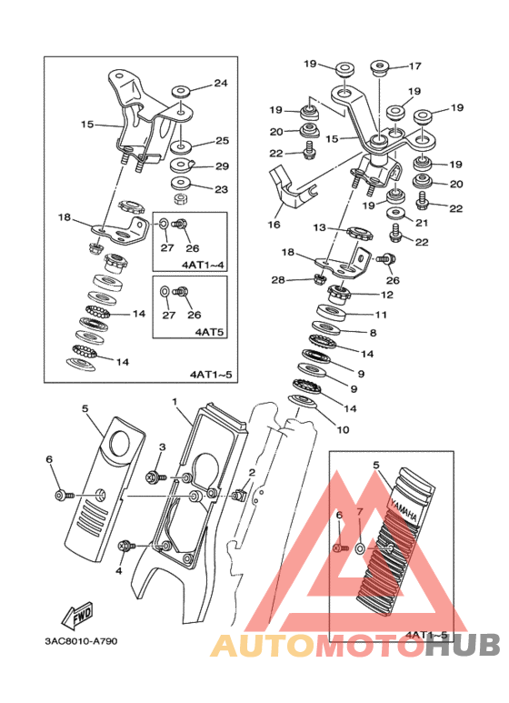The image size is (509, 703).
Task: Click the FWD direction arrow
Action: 78,614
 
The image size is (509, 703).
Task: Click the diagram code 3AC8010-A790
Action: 81,641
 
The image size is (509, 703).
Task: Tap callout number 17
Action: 415,65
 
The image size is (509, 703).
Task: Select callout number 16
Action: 274,224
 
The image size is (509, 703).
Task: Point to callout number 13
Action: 319,227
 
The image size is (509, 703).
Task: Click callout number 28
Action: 278,280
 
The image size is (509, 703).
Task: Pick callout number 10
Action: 343,429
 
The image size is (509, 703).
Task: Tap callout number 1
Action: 175,401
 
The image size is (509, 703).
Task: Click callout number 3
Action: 163,447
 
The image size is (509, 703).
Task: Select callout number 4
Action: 119,571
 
